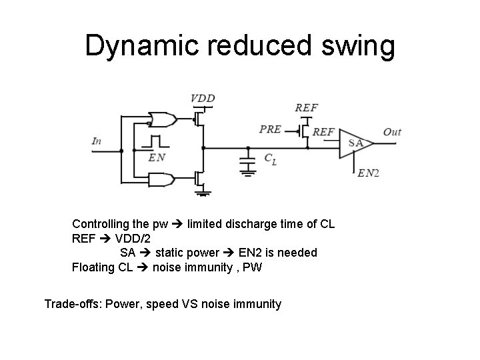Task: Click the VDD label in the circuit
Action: (203, 99)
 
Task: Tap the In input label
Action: (97, 141)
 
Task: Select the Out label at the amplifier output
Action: (392, 132)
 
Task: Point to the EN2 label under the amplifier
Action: (368, 173)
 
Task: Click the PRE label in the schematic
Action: (270, 129)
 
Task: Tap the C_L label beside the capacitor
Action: (270, 159)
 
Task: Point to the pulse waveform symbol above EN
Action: (157, 143)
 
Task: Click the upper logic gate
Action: (161, 120)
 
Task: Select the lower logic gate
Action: (161, 179)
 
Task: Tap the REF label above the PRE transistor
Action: (307, 107)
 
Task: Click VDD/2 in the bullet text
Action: (137, 238)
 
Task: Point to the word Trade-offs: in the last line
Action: (72, 304)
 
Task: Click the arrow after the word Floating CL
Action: (141, 268)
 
